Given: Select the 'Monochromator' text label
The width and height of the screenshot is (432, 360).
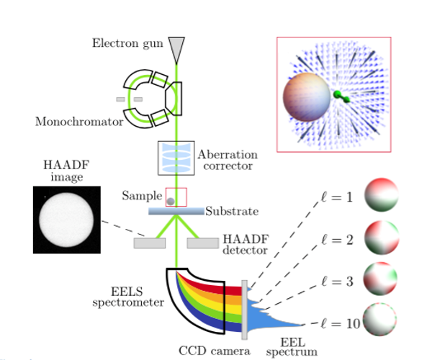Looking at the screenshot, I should [x=78, y=122].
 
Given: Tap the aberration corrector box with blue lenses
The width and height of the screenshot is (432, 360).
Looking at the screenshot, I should [x=176, y=158].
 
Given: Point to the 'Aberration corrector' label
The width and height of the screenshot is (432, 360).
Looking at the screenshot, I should [x=227, y=160].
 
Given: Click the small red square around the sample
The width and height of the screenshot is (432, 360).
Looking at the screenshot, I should [x=176, y=197].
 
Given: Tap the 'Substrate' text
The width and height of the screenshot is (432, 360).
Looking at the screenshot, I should [x=231, y=212].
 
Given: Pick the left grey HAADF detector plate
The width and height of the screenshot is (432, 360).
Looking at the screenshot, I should [x=149, y=243].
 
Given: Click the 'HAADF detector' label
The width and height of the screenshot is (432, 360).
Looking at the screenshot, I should [x=245, y=245].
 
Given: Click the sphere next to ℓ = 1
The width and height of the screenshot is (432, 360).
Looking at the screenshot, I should [x=381, y=195].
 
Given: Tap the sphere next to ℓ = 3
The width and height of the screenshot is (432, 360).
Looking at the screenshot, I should [x=381, y=280].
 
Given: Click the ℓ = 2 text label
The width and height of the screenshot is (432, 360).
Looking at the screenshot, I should [x=337, y=239].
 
